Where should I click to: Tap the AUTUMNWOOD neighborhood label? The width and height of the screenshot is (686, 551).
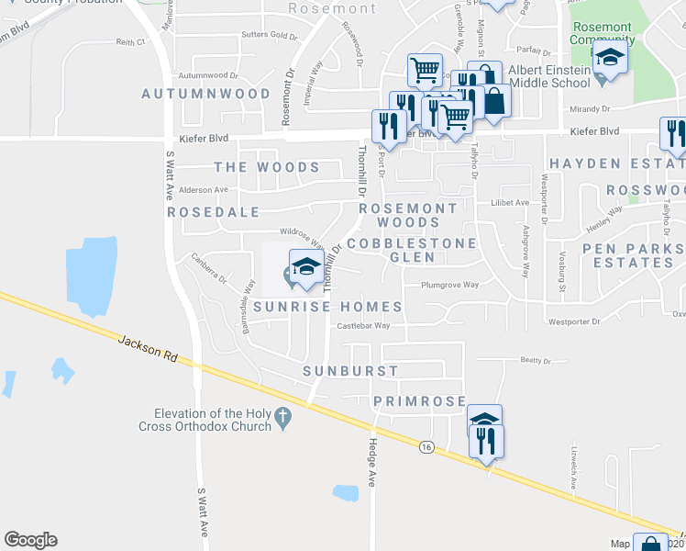point(206,94)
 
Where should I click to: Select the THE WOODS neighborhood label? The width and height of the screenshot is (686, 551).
point(267,167)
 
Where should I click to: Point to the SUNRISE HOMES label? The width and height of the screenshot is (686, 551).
point(328,307)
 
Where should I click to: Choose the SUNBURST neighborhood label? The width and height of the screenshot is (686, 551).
point(351,371)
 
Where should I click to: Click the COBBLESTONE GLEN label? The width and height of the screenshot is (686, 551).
point(412,250)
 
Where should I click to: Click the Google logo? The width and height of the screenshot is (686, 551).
point(30,540)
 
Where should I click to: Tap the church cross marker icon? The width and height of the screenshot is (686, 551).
point(284,419)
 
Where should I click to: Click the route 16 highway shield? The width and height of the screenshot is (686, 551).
point(426,446)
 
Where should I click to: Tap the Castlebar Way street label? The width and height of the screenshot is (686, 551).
point(363,325)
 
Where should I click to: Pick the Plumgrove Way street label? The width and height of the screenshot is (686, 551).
point(449,285)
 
